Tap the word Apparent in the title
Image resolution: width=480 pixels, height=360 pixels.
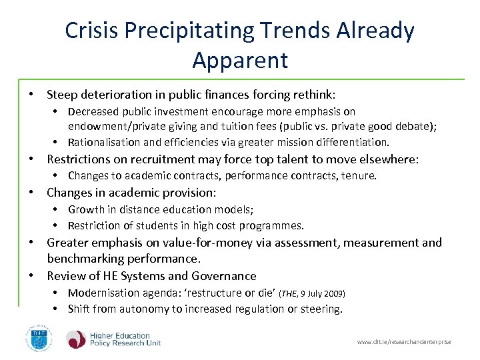240,60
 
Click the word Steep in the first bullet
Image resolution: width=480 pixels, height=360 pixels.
62,95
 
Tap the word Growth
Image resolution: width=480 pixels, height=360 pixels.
87,209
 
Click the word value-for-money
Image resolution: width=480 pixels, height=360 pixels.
209,243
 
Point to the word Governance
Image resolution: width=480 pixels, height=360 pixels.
224,276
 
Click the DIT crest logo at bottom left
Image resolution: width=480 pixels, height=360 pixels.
37,339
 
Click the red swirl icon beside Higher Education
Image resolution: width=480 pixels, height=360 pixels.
76,339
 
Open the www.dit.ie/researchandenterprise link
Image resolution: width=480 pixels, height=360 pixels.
404,342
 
